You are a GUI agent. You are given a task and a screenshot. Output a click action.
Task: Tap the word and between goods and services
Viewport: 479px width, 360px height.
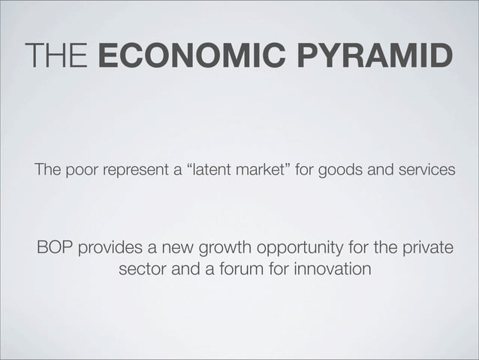[x=376, y=171]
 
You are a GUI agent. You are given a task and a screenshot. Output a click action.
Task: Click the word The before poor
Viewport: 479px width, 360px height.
[x=46, y=171]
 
